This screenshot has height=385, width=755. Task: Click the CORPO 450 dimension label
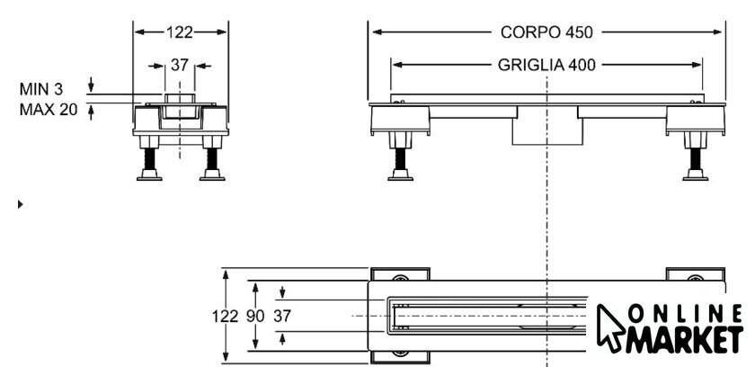click(546, 31)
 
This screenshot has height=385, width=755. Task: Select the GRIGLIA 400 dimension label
click(546, 65)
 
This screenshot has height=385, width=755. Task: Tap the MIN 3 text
click(41, 90)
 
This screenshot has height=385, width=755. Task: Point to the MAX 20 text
click(48, 110)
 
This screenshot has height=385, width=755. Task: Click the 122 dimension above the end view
click(180, 31)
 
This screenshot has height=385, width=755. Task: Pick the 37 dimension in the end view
click(180, 65)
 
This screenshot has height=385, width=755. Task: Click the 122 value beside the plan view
click(226, 316)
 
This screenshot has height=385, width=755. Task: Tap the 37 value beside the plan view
click(282, 316)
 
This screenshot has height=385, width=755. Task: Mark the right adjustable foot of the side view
click(694, 162)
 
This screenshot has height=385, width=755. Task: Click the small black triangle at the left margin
click(21, 205)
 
